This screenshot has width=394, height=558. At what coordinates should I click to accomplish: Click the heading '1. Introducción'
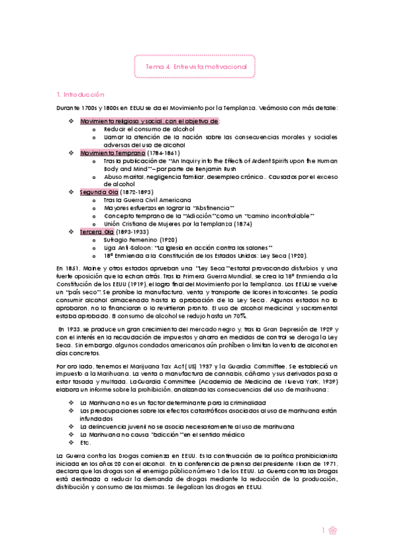(81, 95)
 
